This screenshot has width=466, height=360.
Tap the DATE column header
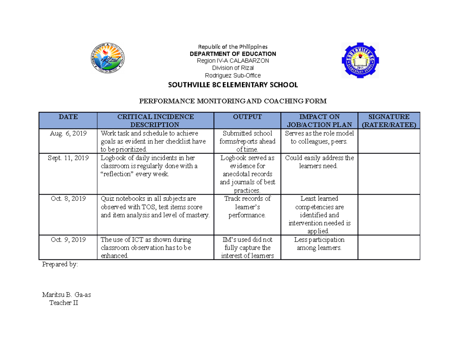click(x=68, y=117)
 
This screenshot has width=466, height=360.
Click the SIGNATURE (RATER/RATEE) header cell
click(x=389, y=120)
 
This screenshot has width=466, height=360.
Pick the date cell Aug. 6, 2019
click(x=68, y=133)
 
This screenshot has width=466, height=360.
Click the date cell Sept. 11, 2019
click(x=68, y=158)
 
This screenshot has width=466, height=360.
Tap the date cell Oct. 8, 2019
click(x=68, y=198)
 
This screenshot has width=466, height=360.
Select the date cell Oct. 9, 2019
click(x=68, y=240)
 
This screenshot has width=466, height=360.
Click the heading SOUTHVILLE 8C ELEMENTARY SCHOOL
click(x=233, y=85)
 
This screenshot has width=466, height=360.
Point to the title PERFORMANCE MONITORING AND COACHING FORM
click(x=233, y=101)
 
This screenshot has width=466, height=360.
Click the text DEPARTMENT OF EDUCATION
click(x=233, y=54)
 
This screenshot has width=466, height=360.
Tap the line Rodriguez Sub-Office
click(x=233, y=75)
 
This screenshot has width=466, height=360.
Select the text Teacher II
click(x=63, y=303)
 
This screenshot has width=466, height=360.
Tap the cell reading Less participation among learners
click(x=319, y=243)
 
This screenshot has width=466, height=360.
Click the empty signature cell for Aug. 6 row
click(x=389, y=141)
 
